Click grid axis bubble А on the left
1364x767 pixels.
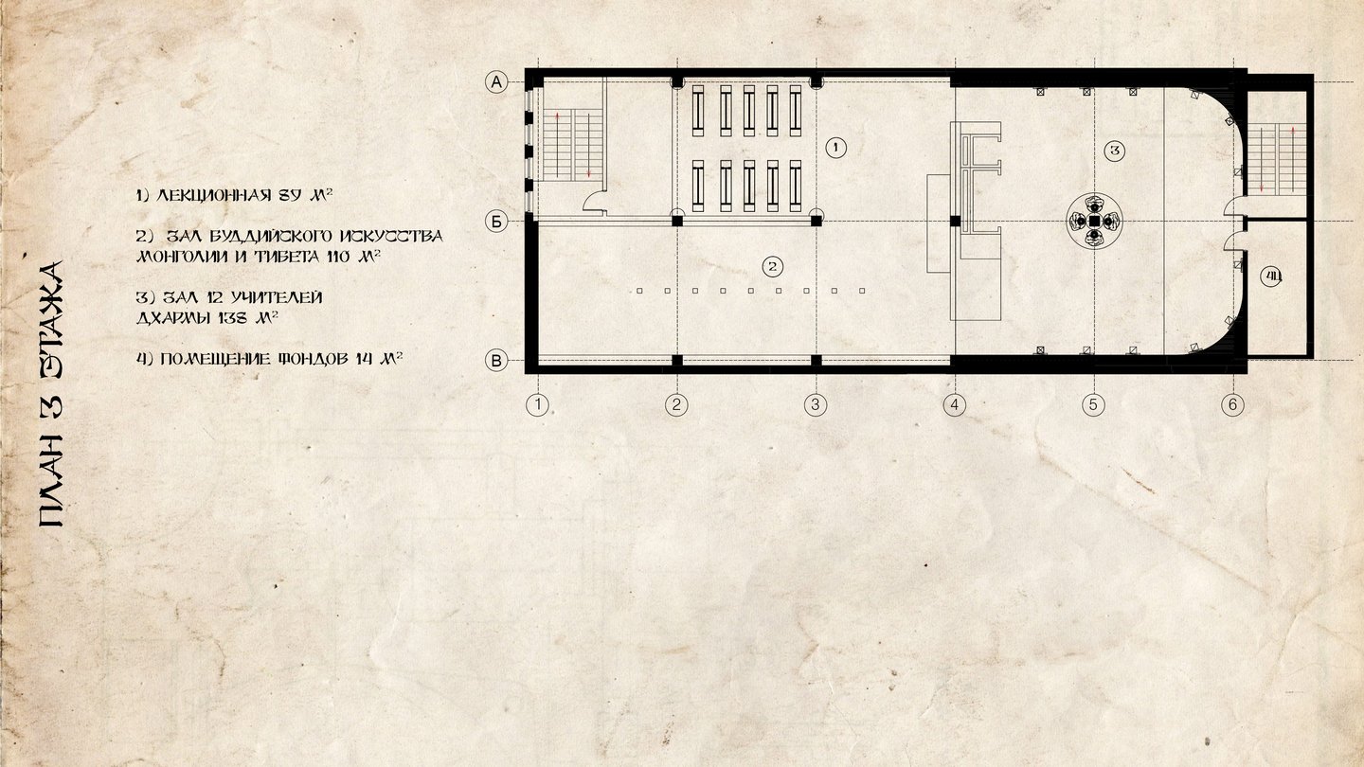point(496,82)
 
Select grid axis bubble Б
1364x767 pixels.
point(496,223)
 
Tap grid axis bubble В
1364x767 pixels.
point(496,361)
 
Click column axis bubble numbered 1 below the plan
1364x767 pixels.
point(537,405)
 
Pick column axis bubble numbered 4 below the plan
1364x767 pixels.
point(954,405)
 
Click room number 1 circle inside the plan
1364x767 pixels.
point(836,148)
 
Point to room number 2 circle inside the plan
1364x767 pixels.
point(773,266)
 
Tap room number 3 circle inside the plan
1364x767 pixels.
point(1115,151)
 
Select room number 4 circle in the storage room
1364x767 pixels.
point(1271,276)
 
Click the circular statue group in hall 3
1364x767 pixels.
point(1094,221)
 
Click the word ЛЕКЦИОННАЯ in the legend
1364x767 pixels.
point(214,195)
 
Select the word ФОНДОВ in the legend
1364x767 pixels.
point(314,359)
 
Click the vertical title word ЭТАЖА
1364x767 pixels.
point(51,321)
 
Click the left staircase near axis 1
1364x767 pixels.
point(572,145)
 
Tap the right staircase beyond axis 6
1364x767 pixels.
point(1277,159)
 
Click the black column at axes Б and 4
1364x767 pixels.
point(955,221)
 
